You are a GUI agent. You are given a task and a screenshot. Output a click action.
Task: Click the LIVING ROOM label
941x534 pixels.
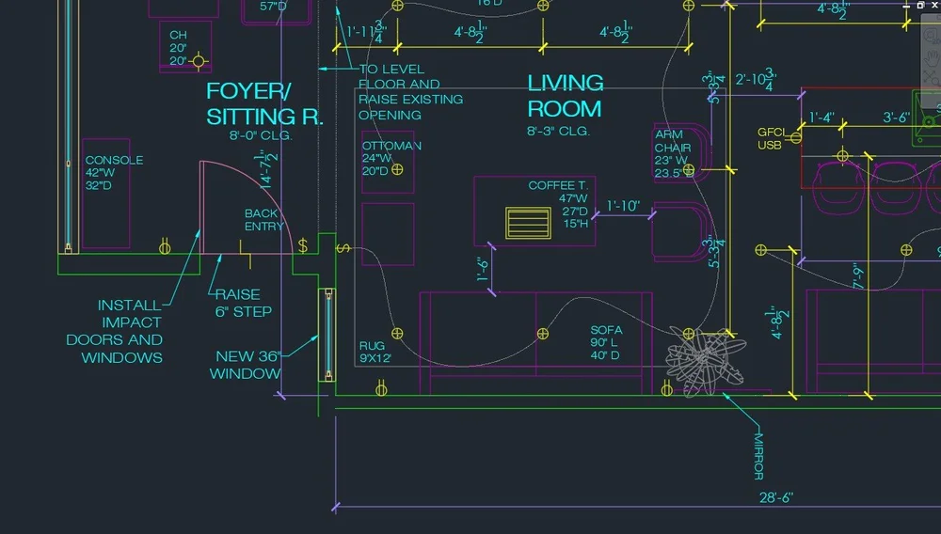pos(565,96)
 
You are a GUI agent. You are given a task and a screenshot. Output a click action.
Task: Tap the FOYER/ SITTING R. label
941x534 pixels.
pos(264,104)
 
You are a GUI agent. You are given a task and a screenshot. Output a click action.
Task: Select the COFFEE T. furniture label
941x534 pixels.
pos(558,185)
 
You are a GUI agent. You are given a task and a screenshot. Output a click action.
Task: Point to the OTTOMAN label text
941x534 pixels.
pos(391,146)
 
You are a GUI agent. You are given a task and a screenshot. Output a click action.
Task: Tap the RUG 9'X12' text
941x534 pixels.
pos(375,352)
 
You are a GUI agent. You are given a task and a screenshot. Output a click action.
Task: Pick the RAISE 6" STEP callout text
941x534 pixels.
pos(243,303)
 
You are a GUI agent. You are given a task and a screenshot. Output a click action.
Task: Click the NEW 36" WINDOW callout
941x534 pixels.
pos(248,365)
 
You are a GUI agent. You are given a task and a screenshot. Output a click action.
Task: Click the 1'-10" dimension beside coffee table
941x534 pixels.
pos(623,206)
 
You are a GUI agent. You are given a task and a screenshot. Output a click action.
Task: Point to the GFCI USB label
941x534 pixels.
pos(770,139)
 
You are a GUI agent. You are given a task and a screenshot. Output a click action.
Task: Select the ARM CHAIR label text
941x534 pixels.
pos(673,148)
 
